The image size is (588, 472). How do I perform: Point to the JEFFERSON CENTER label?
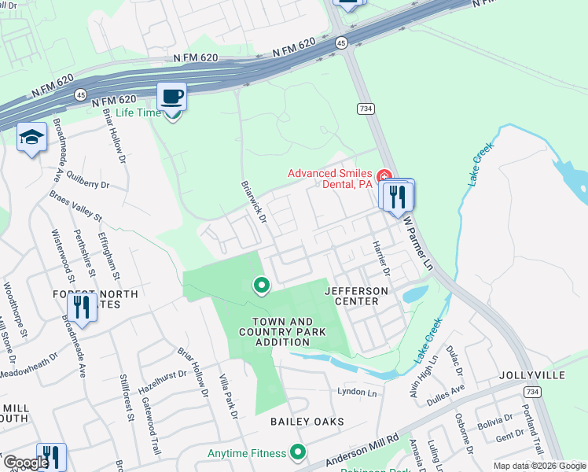coord(356,296)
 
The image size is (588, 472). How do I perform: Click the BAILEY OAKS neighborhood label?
coord(307,422)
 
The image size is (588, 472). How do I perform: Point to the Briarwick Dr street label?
coord(254,204)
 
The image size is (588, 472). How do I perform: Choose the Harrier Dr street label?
coord(381,260)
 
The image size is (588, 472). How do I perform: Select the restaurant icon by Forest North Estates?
coord(82,306)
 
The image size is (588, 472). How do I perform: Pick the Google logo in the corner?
coord(25,463)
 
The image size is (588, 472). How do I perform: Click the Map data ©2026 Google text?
coord(539,466)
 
